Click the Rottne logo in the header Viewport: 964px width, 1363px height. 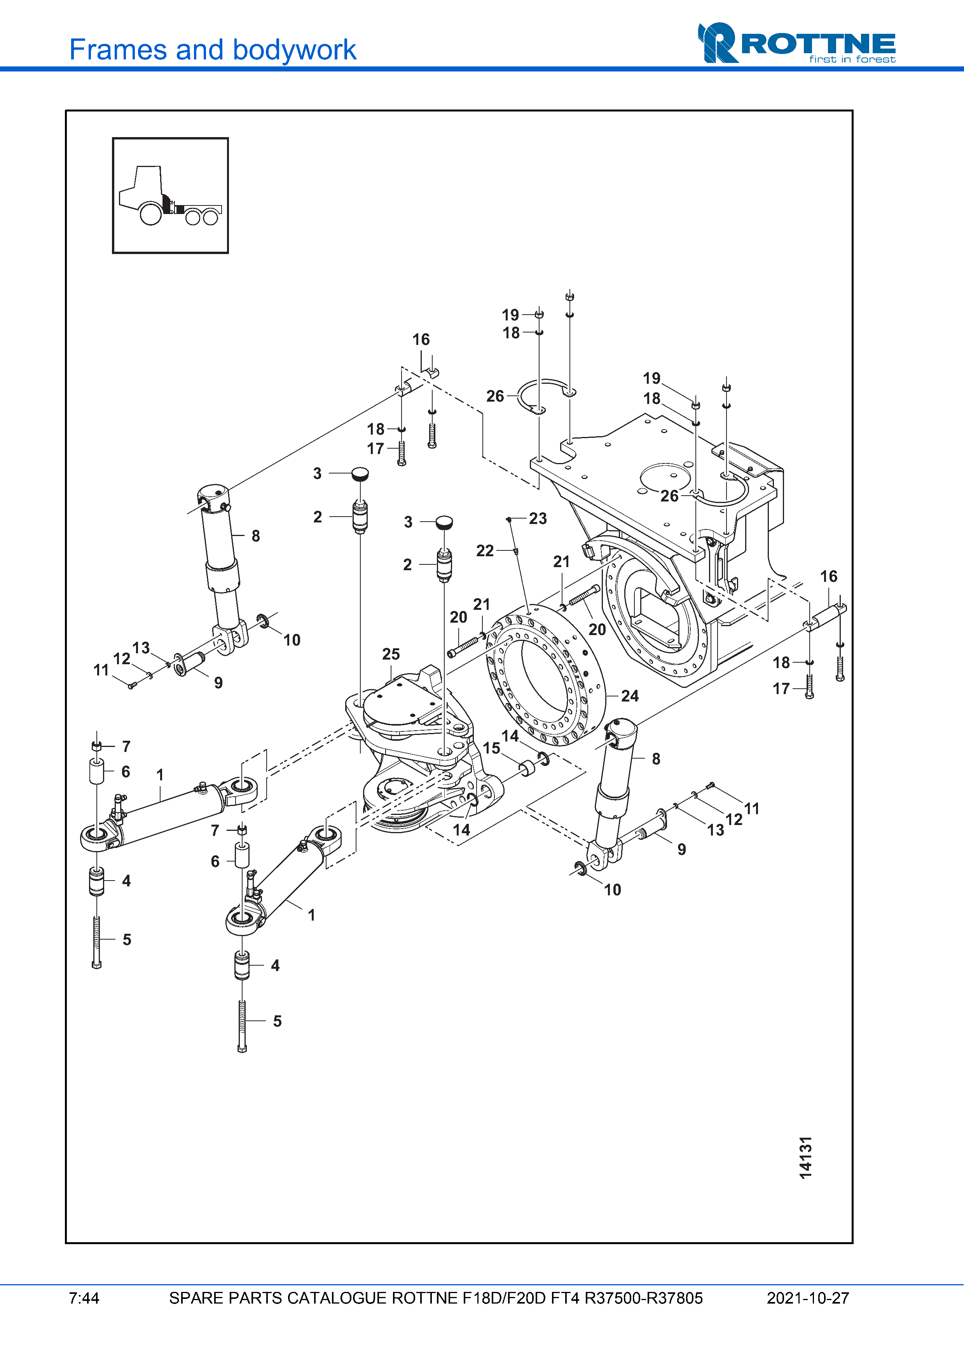coord(796,43)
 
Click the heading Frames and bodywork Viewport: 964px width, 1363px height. coord(213,50)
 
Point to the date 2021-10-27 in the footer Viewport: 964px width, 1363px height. coord(808,1298)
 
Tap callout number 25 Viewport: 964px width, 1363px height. coord(391,654)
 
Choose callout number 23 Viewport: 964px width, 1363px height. coord(538,518)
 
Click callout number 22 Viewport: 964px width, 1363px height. coord(485,551)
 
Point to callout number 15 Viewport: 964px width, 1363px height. coord(492,748)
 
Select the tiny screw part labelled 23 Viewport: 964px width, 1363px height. coord(509,519)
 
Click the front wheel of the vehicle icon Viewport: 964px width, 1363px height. coord(151,214)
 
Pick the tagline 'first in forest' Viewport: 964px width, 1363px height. coord(852,59)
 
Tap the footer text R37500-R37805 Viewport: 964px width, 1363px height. coord(643,1298)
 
